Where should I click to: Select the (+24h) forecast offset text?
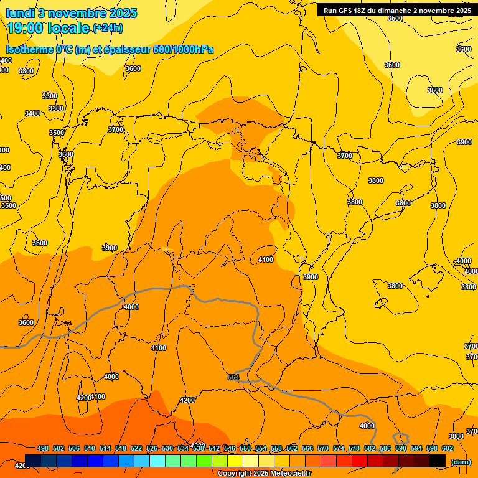click(x=108, y=28)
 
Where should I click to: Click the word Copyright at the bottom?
click(x=235, y=474)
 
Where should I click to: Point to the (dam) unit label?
click(x=461, y=461)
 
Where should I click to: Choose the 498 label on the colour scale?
click(x=43, y=448)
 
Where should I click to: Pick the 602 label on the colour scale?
click(x=448, y=448)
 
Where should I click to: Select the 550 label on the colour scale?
click(x=245, y=448)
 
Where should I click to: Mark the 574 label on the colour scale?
click(x=339, y=448)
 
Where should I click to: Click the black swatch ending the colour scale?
click(x=438, y=461)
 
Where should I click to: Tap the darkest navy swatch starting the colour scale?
click(x=33, y=461)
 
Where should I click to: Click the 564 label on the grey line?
click(x=233, y=377)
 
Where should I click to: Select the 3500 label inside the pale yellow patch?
click(x=435, y=90)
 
